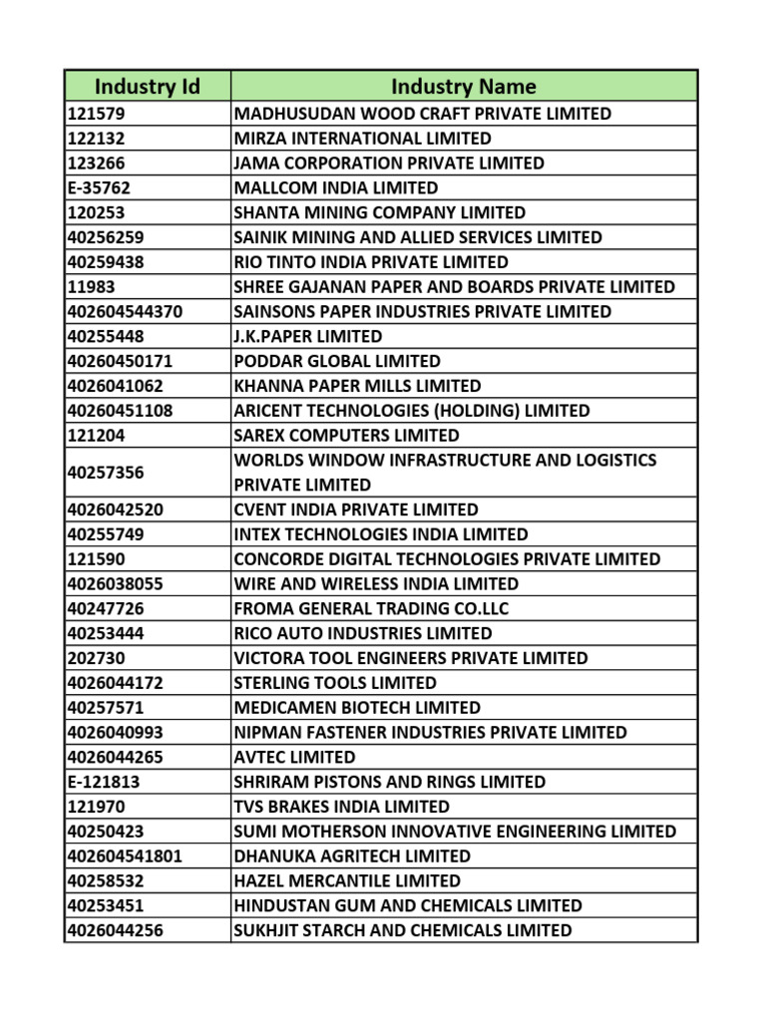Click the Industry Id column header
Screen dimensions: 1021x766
[x=148, y=87]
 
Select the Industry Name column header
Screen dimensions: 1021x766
[x=463, y=87]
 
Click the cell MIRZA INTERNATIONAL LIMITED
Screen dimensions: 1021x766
[x=362, y=139]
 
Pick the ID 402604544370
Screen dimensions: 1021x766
[x=125, y=311]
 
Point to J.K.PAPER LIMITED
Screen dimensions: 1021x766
[x=307, y=336]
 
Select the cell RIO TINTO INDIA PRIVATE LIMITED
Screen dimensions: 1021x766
[x=370, y=262]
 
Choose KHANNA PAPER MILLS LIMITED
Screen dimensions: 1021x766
[x=356, y=386]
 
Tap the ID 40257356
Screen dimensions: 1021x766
[x=108, y=473]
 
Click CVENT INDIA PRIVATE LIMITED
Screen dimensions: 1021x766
[x=355, y=510]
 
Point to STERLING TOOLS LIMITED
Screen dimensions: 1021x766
[x=334, y=683]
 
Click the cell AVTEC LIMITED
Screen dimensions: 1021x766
[x=294, y=757]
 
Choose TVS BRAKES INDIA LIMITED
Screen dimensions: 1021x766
[x=341, y=807]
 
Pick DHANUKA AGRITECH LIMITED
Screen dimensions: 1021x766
[x=351, y=855]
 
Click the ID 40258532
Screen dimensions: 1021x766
[x=108, y=880]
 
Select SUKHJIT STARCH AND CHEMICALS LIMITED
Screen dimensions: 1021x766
[x=402, y=930]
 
